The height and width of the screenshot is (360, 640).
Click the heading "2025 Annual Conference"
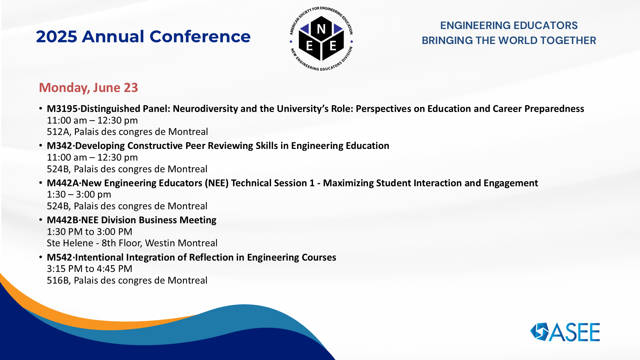point(143,36)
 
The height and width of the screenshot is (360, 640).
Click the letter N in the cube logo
point(321,29)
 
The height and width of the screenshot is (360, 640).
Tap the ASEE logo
point(565,332)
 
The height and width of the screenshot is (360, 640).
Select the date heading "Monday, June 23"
point(88,88)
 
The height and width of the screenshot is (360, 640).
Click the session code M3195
point(62,109)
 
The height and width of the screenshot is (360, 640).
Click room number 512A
point(58,132)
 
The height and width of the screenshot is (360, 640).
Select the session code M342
point(59,146)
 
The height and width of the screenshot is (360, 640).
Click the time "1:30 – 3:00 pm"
point(79,194)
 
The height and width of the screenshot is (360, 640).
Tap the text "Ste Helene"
point(70,243)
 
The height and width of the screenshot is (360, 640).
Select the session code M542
point(59,257)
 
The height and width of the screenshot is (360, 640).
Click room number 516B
point(58,280)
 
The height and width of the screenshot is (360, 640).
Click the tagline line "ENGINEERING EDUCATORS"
point(509,25)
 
